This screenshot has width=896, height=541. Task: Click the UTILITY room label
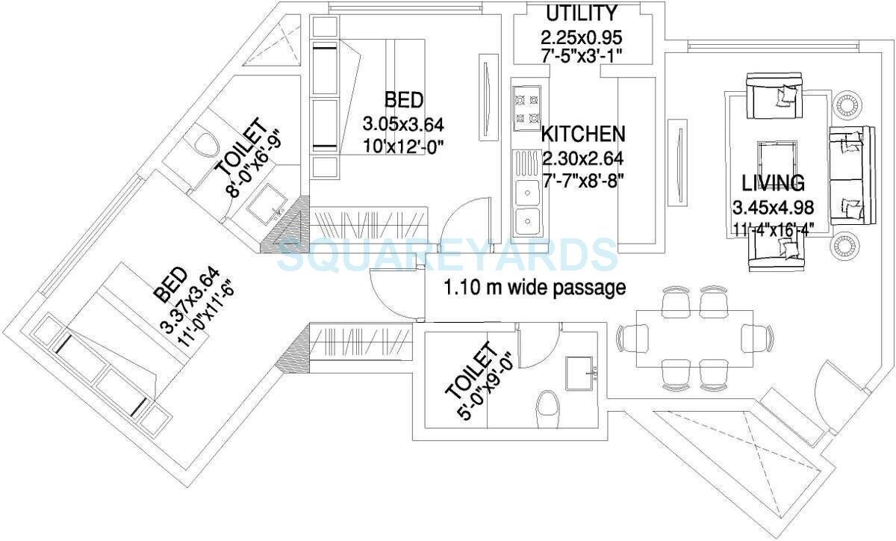coord(582,13)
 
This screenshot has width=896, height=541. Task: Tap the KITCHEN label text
coord(582,135)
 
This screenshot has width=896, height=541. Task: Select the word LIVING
coord(773,182)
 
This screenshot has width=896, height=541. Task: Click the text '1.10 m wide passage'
coord(535,288)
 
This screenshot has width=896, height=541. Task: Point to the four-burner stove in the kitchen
coord(526,108)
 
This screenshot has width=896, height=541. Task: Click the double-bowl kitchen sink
coord(527,205)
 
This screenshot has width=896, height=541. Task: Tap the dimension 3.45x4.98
coord(773,207)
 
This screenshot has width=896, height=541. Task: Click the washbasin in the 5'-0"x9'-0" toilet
coord(580,371)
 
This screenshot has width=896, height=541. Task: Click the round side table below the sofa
coord(846,245)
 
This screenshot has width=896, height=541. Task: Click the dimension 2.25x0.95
coord(582,37)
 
